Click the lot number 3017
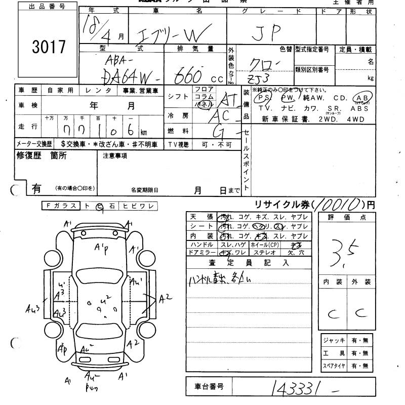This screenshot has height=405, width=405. pyautogui.click(x=49, y=47)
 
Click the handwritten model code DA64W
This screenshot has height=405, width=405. pyautogui.click(x=129, y=77)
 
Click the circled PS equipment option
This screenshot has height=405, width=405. pyautogui.click(x=262, y=97)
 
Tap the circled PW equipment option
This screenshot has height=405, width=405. pyautogui.click(x=287, y=97)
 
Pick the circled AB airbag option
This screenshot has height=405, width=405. pyautogui.click(x=363, y=98)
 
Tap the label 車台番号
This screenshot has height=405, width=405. pyautogui.click(x=209, y=387)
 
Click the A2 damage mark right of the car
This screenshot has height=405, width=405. pyautogui.click(x=166, y=298)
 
